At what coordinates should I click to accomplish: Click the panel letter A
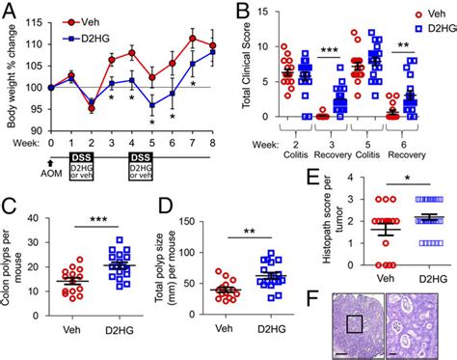tap(9, 10)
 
